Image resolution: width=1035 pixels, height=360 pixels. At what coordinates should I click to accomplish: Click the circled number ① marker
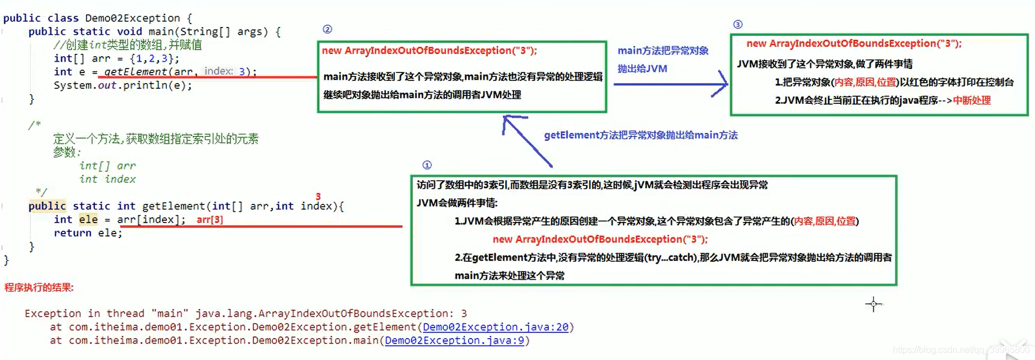click(x=427, y=165)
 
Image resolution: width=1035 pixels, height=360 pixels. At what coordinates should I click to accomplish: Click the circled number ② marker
click(x=328, y=29)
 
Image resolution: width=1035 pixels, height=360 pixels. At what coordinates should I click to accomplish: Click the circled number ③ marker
click(x=738, y=25)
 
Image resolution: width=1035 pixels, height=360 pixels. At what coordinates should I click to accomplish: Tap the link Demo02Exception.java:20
click(x=495, y=327)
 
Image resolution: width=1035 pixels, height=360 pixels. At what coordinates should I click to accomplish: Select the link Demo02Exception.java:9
click(x=454, y=340)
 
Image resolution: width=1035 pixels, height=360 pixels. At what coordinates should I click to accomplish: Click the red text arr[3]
click(x=210, y=220)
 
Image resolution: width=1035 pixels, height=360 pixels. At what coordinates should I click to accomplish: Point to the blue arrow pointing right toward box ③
click(x=671, y=84)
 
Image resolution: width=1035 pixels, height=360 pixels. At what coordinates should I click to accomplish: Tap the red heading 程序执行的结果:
click(x=39, y=288)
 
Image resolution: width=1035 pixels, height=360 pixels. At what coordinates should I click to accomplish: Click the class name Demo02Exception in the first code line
click(x=133, y=18)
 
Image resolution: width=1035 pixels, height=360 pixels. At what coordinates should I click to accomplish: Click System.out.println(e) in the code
click(x=122, y=85)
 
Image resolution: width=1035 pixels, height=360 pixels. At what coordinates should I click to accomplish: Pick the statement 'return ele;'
click(x=88, y=233)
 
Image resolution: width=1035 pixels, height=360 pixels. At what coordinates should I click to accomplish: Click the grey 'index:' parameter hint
click(x=219, y=71)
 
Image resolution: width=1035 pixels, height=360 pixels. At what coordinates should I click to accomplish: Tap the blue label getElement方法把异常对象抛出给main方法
click(x=641, y=135)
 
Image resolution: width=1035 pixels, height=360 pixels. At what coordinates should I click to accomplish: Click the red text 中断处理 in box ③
click(x=972, y=101)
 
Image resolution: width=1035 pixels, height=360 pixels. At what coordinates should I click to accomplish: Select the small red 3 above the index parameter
click(x=318, y=197)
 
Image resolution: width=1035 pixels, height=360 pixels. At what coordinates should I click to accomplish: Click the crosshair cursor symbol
click(x=873, y=304)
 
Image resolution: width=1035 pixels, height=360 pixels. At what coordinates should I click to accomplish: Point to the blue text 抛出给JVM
click(x=642, y=69)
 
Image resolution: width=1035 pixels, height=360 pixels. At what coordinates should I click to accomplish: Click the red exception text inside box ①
click(x=600, y=239)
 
